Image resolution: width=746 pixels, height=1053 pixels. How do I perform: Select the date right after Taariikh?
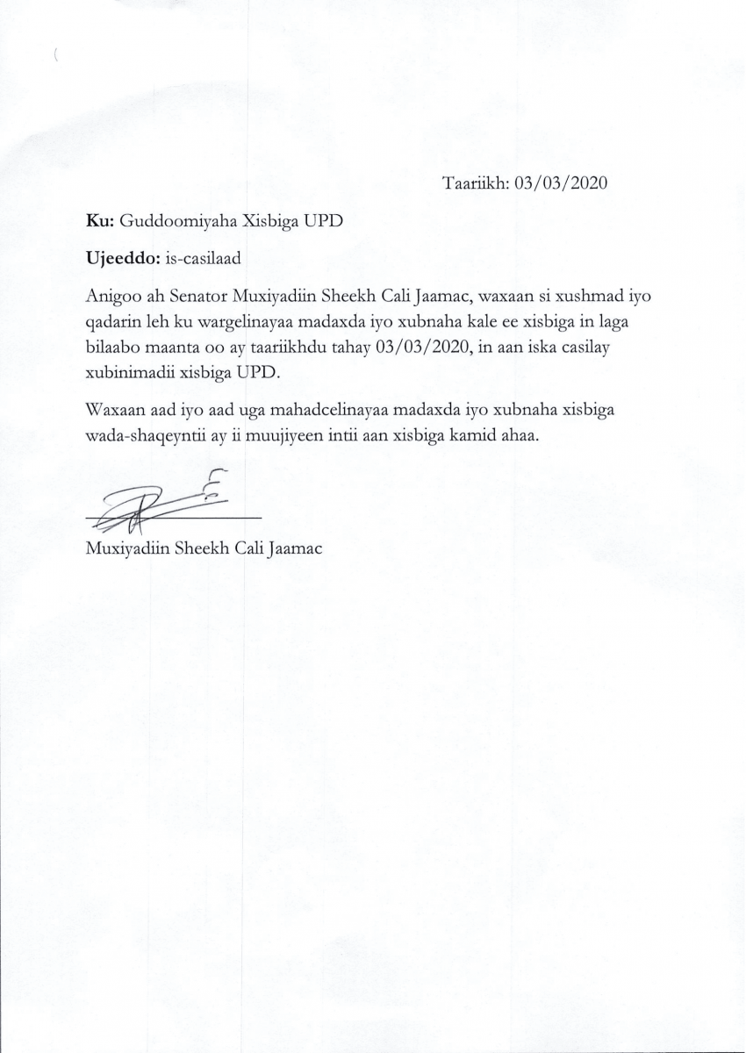(562, 183)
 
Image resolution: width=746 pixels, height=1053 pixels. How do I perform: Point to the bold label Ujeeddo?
(123, 260)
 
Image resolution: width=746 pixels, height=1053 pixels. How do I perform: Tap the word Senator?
(210, 297)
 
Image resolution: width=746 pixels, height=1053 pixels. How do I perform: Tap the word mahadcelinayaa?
(312, 411)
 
